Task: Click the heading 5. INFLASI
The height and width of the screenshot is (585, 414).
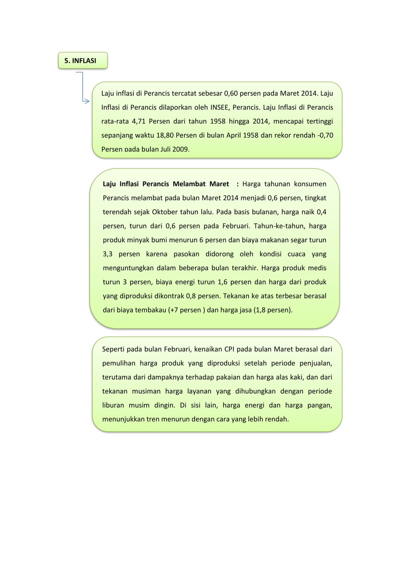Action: click(80, 61)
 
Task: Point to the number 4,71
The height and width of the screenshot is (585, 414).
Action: click(139, 121)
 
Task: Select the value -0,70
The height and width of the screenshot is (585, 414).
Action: click(325, 135)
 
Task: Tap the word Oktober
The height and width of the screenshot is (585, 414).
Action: click(167, 212)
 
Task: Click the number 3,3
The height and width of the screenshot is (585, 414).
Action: click(108, 254)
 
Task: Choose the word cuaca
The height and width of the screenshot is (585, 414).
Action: click(296, 254)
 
